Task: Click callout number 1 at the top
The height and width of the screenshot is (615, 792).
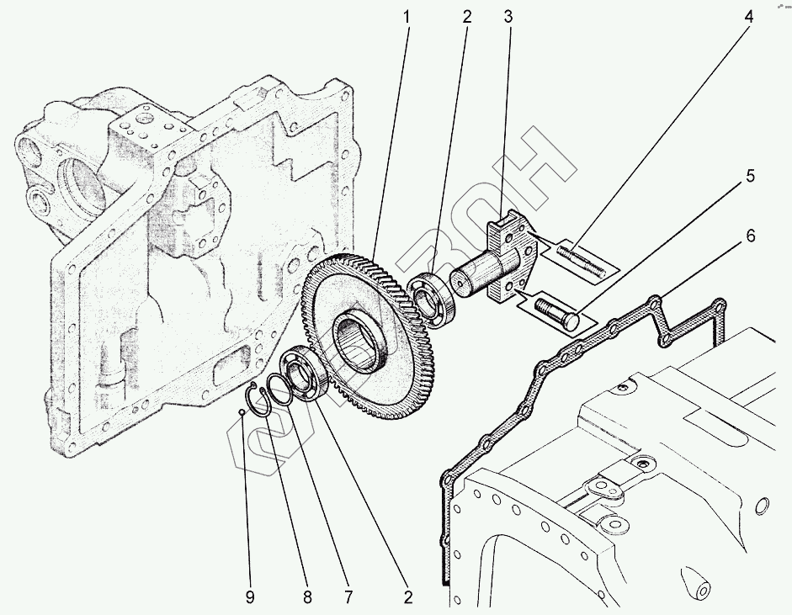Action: (407, 17)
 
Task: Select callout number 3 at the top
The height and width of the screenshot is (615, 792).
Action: (508, 17)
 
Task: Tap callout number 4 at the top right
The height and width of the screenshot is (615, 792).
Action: (747, 17)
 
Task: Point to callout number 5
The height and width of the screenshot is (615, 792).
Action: (748, 176)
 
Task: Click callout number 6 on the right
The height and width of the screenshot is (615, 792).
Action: (748, 236)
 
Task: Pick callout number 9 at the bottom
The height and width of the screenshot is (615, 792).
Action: (249, 597)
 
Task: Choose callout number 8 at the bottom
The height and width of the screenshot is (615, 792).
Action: (306, 597)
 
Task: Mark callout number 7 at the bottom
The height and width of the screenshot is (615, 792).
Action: (348, 597)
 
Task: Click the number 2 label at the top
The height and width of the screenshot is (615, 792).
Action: (465, 17)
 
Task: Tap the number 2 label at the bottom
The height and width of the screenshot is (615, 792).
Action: (407, 597)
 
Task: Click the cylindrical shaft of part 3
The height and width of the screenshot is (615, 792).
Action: (476, 276)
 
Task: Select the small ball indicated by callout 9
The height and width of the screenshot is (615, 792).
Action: (242, 411)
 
